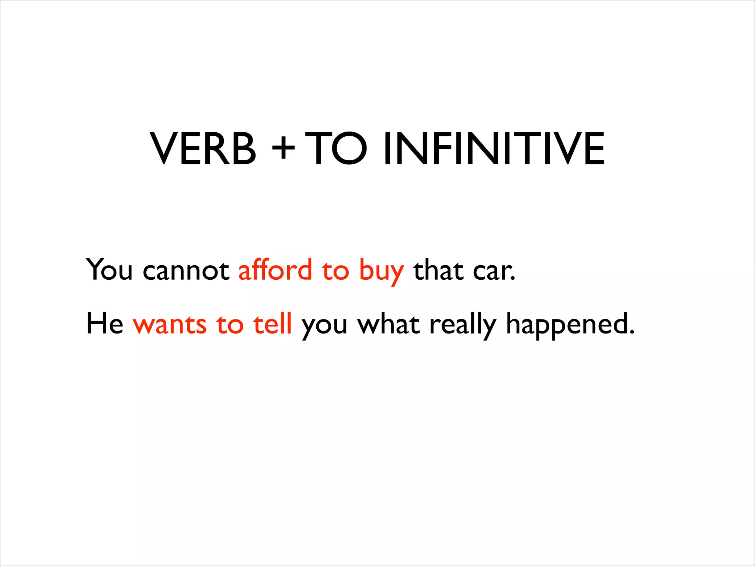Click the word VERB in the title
pos(203,149)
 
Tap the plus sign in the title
pos(283,149)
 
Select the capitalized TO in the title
pos(336,149)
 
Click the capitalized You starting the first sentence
pos(109,269)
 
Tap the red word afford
pos(275,269)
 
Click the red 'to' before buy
pos(335,271)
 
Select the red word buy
pos(381,271)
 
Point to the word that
pos(438,270)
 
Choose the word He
pos(105,323)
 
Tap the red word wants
pos(170,325)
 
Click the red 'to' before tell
pos(230,325)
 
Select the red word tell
pos(272,323)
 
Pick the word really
pos(463,325)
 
